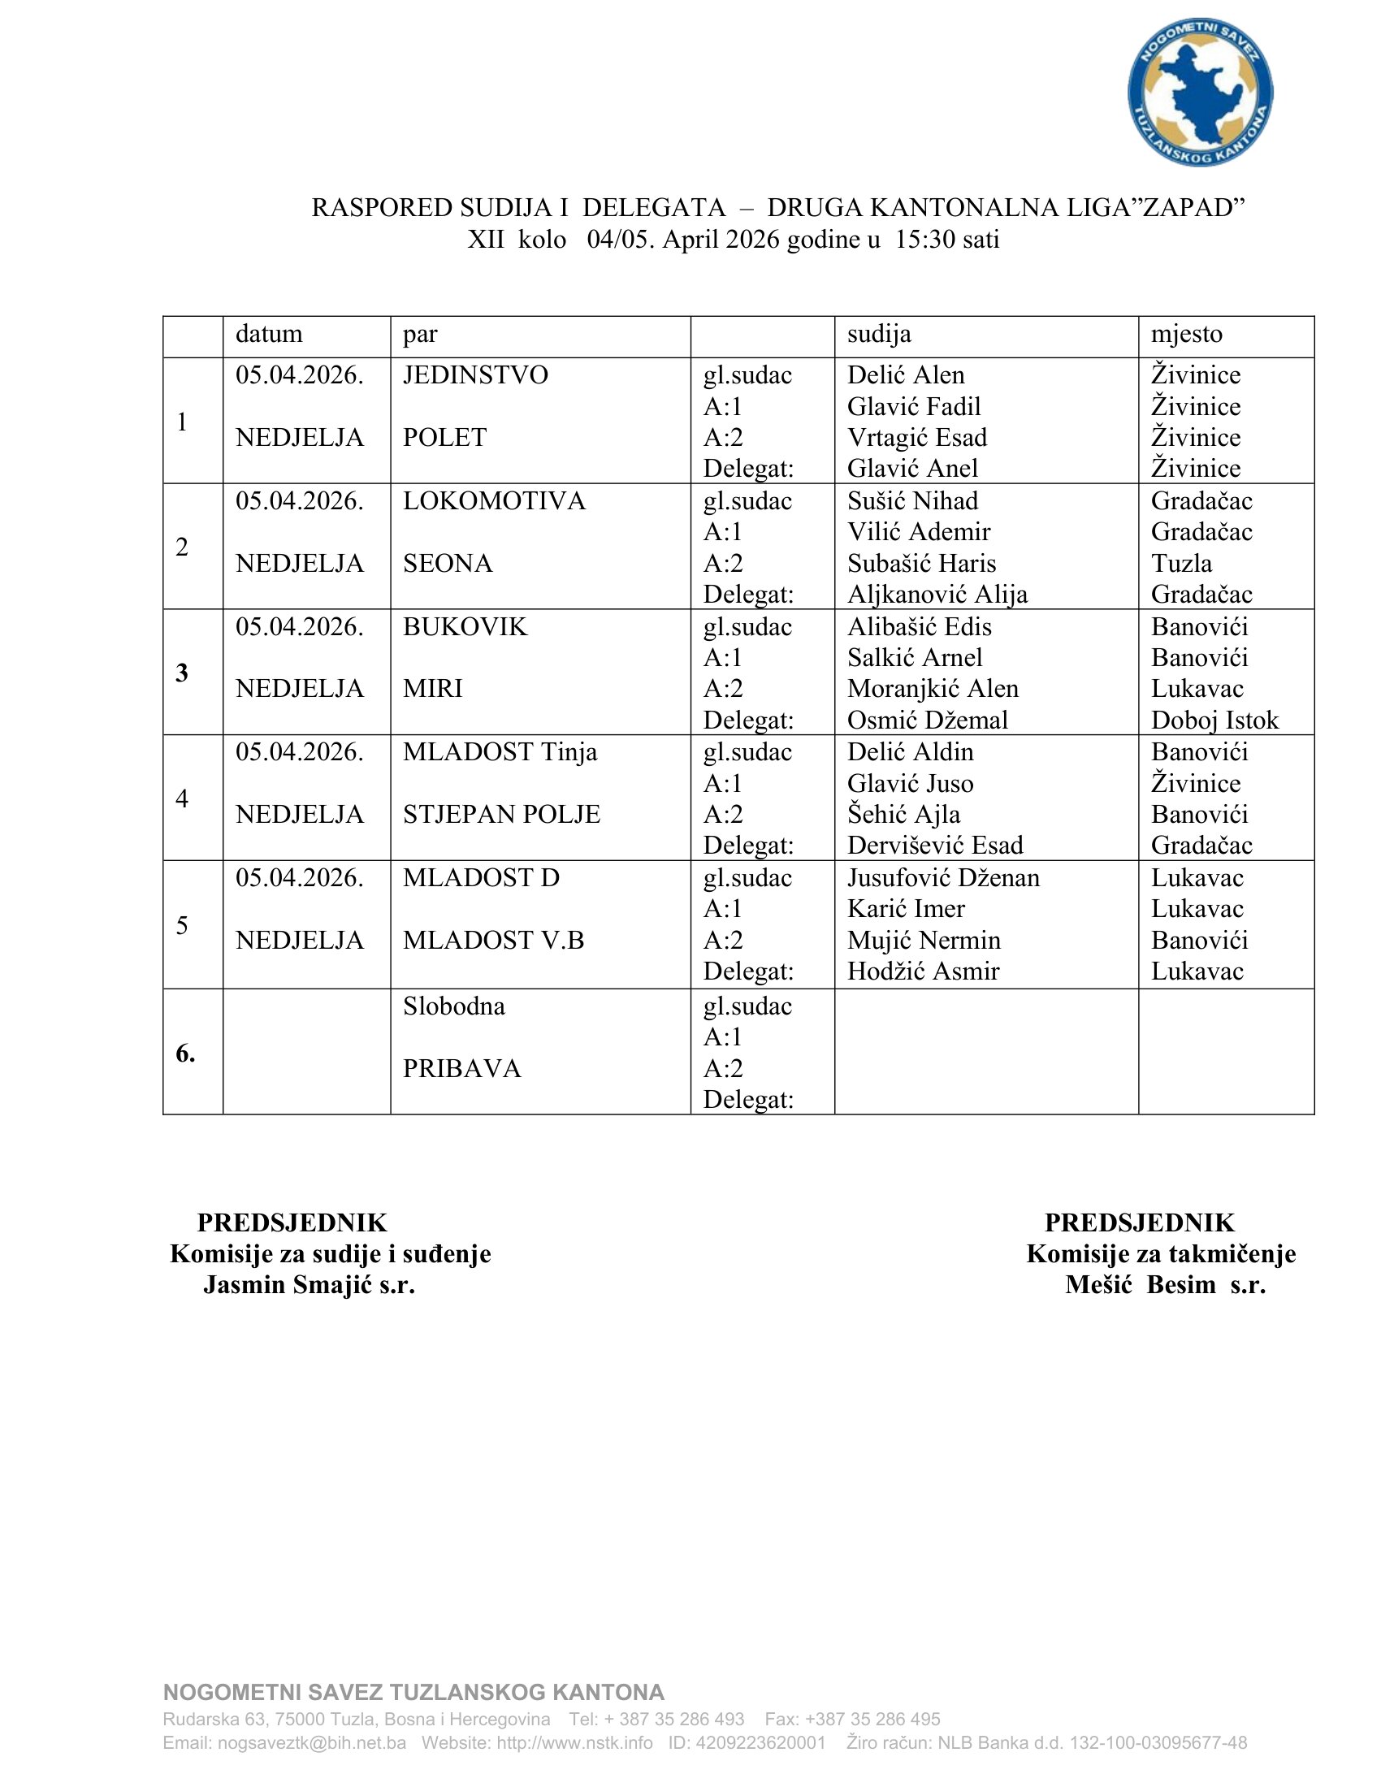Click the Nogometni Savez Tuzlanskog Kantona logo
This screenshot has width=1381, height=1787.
coord(1199,92)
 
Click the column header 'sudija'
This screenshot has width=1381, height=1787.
coord(879,334)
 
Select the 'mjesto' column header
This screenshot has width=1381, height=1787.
coord(1186,334)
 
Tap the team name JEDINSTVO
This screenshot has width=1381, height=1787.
coord(475,374)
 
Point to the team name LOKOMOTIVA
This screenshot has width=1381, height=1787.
coord(494,500)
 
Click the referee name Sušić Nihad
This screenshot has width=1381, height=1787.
coord(912,500)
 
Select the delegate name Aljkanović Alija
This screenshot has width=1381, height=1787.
coord(937,594)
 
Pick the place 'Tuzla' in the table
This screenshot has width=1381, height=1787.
coord(1181,563)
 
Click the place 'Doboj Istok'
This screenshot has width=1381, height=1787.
coord(1214,720)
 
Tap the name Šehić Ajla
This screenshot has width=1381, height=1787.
coord(903,814)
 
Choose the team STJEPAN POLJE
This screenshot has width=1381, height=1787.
coord(501,814)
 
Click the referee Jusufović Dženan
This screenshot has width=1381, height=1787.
coord(943,878)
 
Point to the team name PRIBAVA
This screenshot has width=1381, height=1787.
coord(461,1069)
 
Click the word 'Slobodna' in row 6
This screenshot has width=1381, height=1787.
coord(453,1006)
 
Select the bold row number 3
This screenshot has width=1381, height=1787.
coord(182,673)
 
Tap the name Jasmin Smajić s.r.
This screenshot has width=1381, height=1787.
coord(310,1285)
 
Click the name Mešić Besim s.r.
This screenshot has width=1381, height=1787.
coord(1165,1285)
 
